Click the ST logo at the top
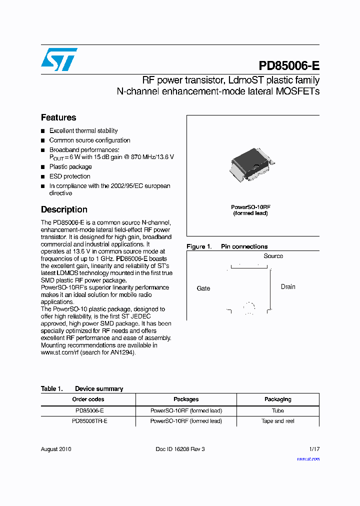59,59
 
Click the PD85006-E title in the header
289,66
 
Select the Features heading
58,117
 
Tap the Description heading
64,209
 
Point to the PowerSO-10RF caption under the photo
250,210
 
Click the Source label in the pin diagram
273,256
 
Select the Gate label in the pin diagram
203,288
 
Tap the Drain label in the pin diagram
288,287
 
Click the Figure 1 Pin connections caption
227,246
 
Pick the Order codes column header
88,399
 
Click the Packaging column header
277,399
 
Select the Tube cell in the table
277,410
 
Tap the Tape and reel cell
277,421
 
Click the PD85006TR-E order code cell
88,421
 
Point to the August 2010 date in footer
56,449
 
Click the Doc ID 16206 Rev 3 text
180,449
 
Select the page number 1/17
313,449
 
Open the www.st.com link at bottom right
308,458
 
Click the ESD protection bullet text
70,176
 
